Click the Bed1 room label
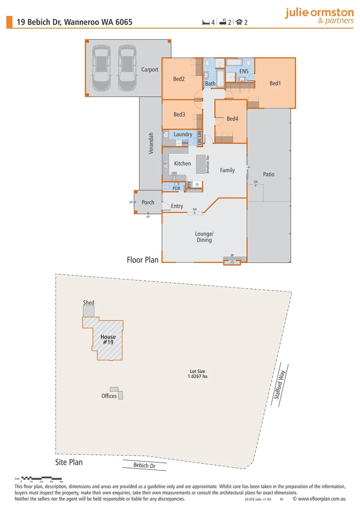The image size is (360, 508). pyautogui.click(x=275, y=83)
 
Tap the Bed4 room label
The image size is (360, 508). pyautogui.click(x=232, y=119)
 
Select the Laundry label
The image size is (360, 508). pyautogui.click(x=183, y=135)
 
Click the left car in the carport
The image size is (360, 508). pyautogui.click(x=101, y=68)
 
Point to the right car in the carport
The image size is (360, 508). pyautogui.click(x=127, y=68)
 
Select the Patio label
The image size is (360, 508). pyautogui.click(x=268, y=174)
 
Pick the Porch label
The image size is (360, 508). pyautogui.click(x=148, y=202)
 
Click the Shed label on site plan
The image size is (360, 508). pyautogui.click(x=88, y=302)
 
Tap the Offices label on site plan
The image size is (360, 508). pyautogui.click(x=109, y=396)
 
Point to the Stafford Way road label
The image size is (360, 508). pyautogui.click(x=280, y=384)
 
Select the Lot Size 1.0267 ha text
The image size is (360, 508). pyautogui.click(x=198, y=374)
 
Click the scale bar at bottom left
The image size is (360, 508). pyautogui.click(x=42, y=478)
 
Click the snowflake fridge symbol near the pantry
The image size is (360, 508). pyautogui.click(x=197, y=184)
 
